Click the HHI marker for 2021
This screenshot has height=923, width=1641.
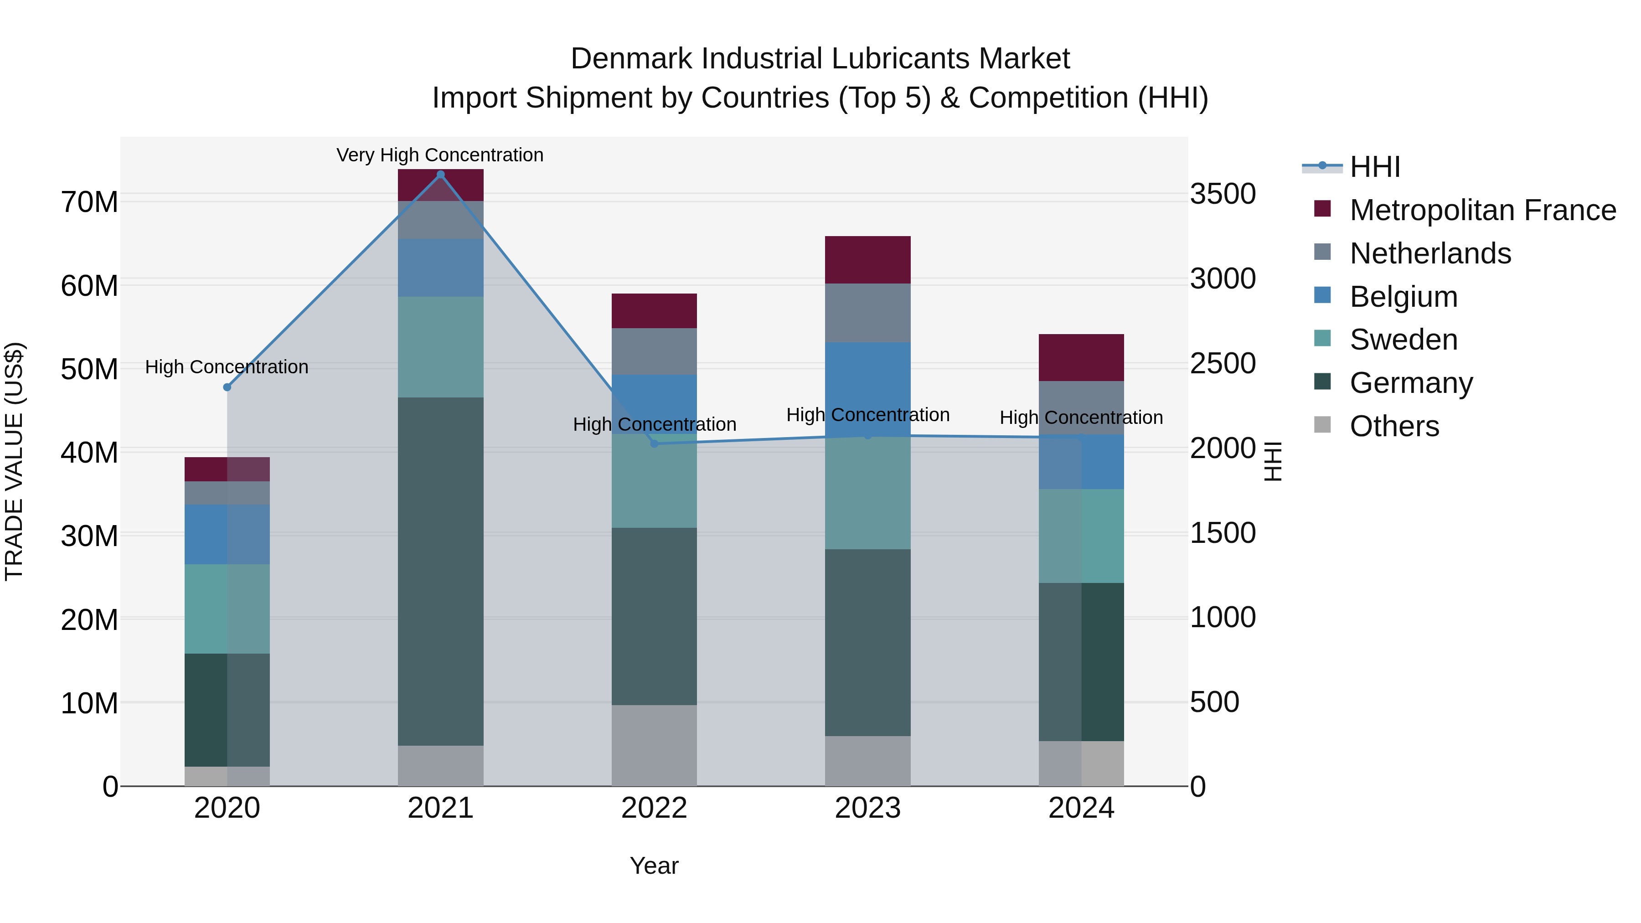click(x=440, y=175)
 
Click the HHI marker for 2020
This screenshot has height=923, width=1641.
click(x=227, y=387)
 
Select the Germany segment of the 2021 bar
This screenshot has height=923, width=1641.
click(x=440, y=572)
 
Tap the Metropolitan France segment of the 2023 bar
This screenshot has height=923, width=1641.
click(x=867, y=260)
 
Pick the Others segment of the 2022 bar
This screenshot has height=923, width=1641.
click(x=654, y=745)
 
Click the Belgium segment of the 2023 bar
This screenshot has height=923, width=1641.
click(x=867, y=382)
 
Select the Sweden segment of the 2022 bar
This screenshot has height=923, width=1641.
click(x=654, y=481)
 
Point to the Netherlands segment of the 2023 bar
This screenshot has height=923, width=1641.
click(x=867, y=313)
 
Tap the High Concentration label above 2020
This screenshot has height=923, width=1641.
click(x=227, y=367)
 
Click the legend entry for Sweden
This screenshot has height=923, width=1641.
click(x=1404, y=340)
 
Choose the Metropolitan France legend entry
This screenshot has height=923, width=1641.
click(x=1482, y=210)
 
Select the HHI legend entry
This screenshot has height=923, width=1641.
click(x=1375, y=167)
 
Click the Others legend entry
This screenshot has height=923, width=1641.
click(x=1394, y=426)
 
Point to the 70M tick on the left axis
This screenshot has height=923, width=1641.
click(x=89, y=202)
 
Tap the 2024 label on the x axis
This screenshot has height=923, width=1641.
click(x=1081, y=808)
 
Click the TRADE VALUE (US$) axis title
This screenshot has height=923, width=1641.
click(x=14, y=461)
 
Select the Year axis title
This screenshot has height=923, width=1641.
click(x=654, y=866)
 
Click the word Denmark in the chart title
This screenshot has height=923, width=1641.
click(x=631, y=59)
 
